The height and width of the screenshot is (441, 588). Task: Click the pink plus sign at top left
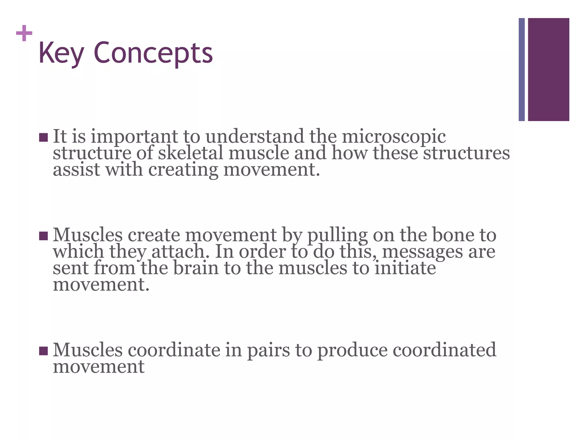24,33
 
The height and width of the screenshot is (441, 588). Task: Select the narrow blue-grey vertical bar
522,69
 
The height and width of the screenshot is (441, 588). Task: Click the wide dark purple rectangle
548,69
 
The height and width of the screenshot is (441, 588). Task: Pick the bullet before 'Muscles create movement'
43,236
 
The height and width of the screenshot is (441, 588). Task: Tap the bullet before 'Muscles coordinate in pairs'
43,351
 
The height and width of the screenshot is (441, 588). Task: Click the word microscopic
394,137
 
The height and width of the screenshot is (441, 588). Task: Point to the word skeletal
190,153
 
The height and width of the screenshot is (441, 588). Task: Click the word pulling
337,235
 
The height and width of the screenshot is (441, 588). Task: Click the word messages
422,252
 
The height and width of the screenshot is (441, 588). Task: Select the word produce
352,350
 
